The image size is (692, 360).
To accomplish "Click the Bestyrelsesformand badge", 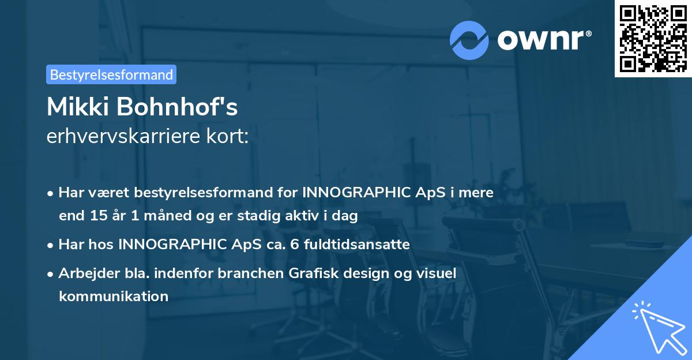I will (111, 74).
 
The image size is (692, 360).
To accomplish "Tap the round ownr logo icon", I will (469, 40).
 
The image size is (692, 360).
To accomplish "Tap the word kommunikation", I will (114, 297).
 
